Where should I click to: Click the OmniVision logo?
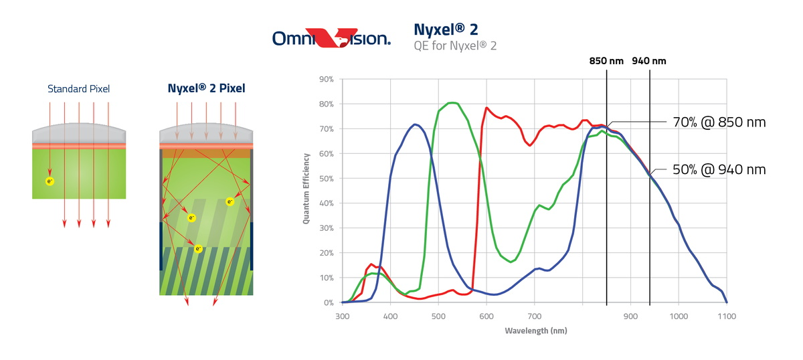click(331, 37)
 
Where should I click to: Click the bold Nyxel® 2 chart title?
click(446, 29)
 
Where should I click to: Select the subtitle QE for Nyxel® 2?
click(455, 46)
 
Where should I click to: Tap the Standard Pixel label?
click(78, 88)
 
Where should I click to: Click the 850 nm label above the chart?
click(606, 61)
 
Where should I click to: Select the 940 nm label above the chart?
click(649, 61)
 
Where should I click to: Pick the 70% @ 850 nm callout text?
click(719, 122)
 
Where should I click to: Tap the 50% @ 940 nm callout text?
click(719, 170)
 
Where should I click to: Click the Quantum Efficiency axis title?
click(306, 188)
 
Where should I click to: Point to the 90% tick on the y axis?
click(326, 79)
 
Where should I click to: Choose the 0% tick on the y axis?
click(328, 302)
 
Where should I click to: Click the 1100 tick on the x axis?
click(727, 315)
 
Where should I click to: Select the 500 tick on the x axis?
click(438, 315)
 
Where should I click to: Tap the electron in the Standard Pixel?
click(49, 181)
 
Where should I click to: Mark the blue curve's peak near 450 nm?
click(416, 124)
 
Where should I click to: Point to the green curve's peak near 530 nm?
click(452, 102)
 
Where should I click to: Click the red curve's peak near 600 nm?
click(486, 108)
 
